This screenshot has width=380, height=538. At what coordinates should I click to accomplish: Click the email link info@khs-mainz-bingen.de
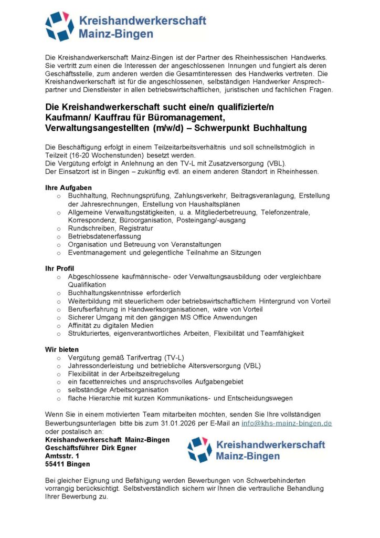pos(286,423)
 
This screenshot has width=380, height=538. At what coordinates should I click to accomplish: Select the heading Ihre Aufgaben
pos(69,188)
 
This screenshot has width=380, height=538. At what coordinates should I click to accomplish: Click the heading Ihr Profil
pos(60,268)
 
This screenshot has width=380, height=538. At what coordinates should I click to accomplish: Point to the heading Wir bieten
pos(62,349)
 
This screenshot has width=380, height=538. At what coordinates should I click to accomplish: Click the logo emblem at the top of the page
pos(59,26)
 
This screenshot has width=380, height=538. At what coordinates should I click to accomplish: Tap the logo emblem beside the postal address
pos(200,450)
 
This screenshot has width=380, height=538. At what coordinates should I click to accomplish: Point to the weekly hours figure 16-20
pos(79,156)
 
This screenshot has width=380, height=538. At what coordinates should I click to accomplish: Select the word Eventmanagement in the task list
pos(97,253)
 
